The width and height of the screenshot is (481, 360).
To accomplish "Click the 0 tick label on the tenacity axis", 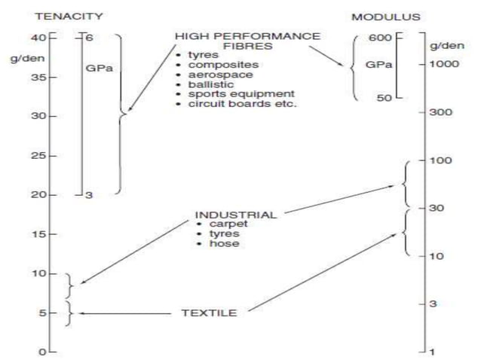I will (44, 352).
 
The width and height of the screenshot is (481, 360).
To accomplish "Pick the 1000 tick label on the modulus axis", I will (446, 64).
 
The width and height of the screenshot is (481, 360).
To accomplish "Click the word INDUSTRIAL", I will (235, 215).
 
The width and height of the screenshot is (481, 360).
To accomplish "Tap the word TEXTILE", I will (209, 313).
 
